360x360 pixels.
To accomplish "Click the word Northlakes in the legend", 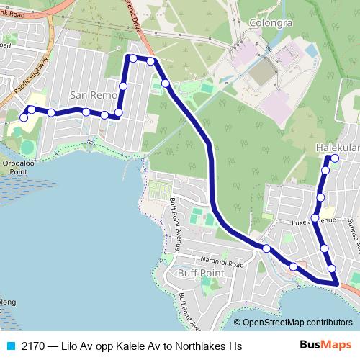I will click(x=202, y=346).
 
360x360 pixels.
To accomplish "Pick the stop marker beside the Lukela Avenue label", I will click(x=315, y=217).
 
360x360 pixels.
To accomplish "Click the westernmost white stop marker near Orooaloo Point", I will click(x=24, y=117).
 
